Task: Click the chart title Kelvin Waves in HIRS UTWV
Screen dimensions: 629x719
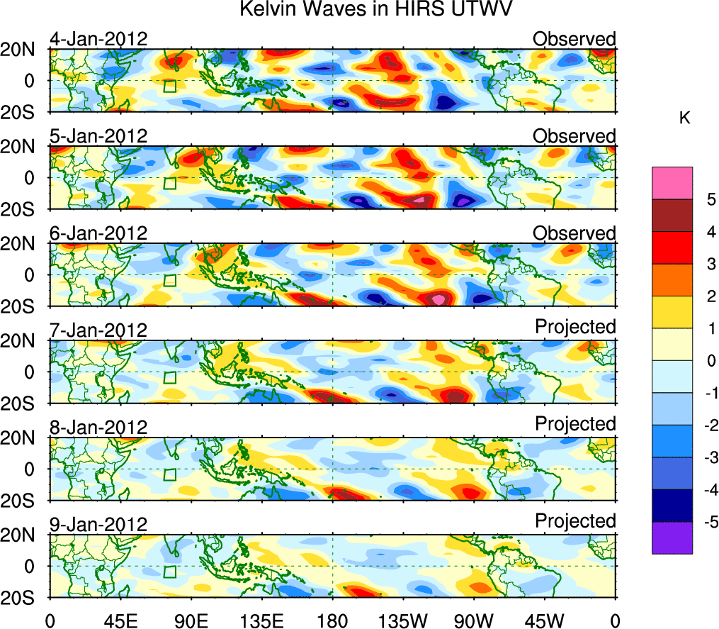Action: tap(375, 10)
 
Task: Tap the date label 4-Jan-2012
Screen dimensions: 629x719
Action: tap(98, 39)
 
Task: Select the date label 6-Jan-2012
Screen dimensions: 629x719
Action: tap(98, 233)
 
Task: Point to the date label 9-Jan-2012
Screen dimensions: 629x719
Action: tap(98, 525)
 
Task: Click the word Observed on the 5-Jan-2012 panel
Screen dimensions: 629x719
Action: tap(574, 136)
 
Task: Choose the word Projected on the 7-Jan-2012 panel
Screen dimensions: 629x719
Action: tap(575, 327)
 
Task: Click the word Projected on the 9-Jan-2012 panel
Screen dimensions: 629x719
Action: tap(575, 521)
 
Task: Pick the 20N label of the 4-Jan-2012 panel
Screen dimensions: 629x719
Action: tap(27, 50)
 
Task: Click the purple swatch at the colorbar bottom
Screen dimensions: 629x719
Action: tap(672, 538)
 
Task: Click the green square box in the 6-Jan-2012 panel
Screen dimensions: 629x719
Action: tap(169, 280)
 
